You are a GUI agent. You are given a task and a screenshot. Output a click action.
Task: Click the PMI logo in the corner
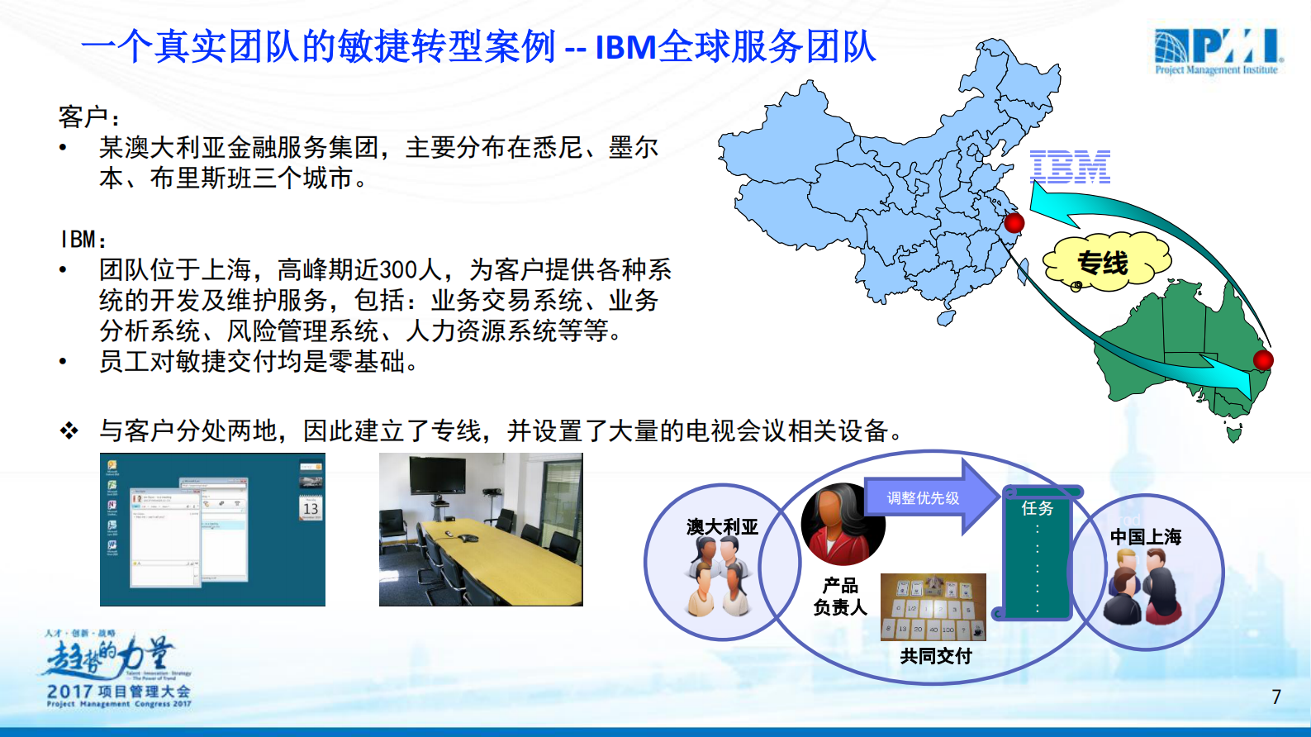pos(1218,51)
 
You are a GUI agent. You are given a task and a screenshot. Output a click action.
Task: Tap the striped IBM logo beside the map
pos(1070,167)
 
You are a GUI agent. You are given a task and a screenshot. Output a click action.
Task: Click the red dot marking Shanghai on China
pos(1014,222)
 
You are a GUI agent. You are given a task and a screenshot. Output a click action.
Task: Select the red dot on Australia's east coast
pos(1263,360)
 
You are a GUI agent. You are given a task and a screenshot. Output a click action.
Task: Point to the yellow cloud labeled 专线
pos(1104,264)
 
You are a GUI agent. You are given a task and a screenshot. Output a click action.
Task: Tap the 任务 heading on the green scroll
pos(1038,508)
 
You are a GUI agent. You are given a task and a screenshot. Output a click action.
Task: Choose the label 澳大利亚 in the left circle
pos(722,527)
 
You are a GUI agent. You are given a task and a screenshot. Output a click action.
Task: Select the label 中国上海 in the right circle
pos(1146,537)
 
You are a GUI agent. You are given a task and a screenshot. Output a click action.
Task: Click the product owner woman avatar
pos(842,525)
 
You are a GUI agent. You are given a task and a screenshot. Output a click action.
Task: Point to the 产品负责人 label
pos(840,597)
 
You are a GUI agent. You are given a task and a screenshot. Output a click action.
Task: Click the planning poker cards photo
pos(933,606)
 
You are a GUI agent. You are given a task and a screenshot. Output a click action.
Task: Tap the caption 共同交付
pos(936,656)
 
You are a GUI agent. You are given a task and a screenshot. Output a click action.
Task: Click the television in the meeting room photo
pos(437,475)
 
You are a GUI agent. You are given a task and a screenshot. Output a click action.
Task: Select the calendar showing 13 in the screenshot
pos(311,507)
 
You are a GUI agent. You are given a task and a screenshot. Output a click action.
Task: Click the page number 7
pos(1276,697)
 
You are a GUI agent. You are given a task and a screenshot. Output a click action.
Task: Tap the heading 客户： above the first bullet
pos(89,117)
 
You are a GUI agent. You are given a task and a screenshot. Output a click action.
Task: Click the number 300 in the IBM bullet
pos(400,270)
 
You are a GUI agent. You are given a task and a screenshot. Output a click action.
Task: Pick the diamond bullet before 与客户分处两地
pos(69,430)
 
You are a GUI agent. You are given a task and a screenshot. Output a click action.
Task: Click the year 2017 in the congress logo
pos(69,691)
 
